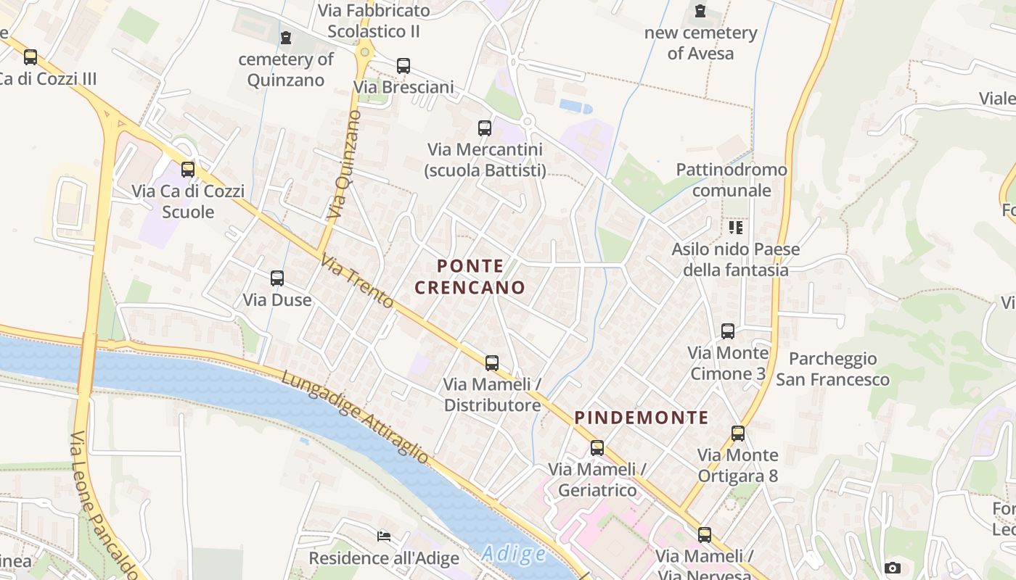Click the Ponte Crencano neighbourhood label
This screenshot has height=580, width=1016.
(x=470, y=277)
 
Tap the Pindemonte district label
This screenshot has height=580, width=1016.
(x=642, y=418)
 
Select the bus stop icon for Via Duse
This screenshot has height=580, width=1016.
(x=277, y=278)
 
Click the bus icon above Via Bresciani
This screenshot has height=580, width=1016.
(x=403, y=66)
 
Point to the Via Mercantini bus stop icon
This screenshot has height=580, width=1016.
(x=485, y=128)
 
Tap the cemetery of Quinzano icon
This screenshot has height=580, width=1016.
(x=286, y=38)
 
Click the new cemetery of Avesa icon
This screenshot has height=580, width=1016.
(x=700, y=12)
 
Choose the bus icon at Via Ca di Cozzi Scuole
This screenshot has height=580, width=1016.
(x=188, y=170)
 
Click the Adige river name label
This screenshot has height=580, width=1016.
(x=513, y=555)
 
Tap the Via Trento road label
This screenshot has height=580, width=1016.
(x=357, y=281)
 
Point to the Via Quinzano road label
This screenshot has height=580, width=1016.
(x=343, y=166)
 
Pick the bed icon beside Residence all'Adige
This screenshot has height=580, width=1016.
(x=384, y=536)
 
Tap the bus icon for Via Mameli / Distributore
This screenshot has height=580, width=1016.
(x=492, y=363)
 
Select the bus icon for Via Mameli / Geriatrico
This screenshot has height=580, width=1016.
(x=597, y=448)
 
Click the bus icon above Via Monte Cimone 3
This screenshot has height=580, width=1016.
(x=728, y=331)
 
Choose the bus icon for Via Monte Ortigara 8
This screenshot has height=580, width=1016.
(x=738, y=434)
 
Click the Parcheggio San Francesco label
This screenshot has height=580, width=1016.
(x=832, y=369)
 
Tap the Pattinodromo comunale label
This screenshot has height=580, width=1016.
(x=732, y=180)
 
